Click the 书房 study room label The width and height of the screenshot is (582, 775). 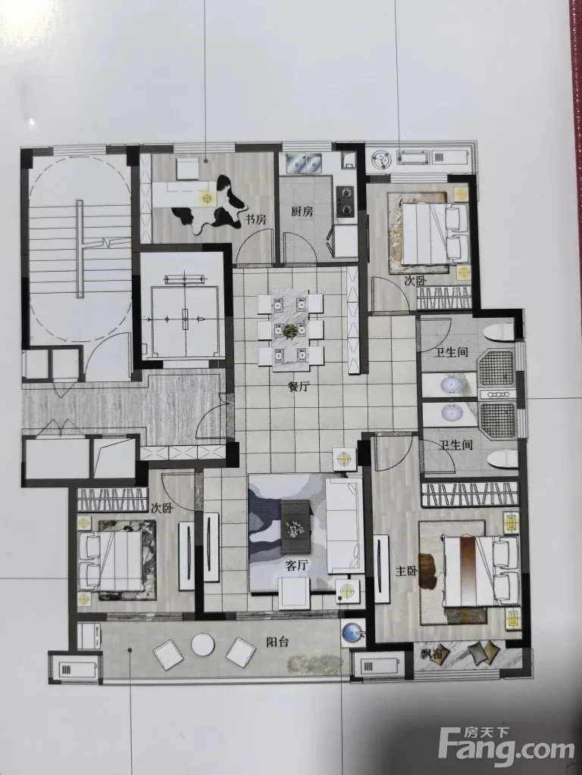(x=256, y=219)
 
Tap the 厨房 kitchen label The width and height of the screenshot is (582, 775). (x=302, y=212)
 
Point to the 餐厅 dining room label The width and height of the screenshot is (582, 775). (x=298, y=387)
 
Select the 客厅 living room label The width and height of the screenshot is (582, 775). (x=297, y=565)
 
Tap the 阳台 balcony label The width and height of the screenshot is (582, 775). (x=277, y=643)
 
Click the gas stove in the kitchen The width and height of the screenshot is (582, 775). (x=345, y=201)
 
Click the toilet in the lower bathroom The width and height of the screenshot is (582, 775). (x=502, y=459)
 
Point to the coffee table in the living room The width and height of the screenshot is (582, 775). (x=295, y=527)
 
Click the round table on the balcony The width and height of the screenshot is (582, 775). (x=202, y=645)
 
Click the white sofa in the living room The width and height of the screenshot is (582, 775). (x=344, y=525)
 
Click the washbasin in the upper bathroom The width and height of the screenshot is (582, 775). (x=450, y=384)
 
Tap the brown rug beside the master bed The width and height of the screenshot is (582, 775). (x=427, y=571)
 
